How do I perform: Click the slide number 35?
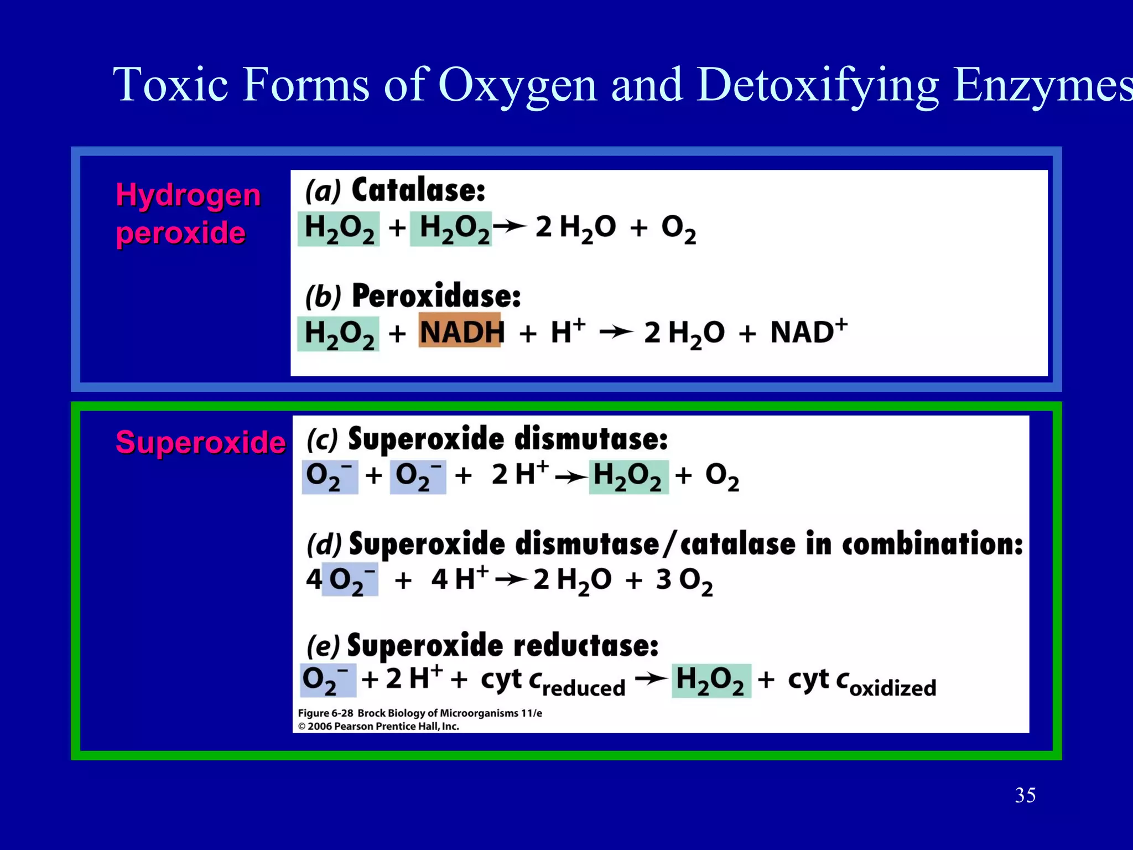click(1025, 795)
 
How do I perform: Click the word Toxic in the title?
click(170, 85)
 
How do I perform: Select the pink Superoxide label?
click(200, 442)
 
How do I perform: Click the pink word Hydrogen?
click(188, 195)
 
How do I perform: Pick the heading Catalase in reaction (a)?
click(418, 190)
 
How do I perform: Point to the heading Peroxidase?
click(436, 296)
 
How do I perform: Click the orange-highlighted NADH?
click(460, 331)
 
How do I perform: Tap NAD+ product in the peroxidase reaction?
click(808, 331)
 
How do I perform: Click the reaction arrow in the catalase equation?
click(510, 226)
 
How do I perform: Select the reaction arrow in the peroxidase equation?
click(616, 332)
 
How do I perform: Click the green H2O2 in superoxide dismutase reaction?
click(628, 476)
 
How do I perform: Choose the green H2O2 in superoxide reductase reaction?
click(711, 680)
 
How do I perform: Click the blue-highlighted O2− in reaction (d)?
click(350, 579)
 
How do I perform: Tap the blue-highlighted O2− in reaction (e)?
click(328, 680)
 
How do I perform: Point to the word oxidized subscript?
click(893, 688)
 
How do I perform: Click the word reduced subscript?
click(584, 688)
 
